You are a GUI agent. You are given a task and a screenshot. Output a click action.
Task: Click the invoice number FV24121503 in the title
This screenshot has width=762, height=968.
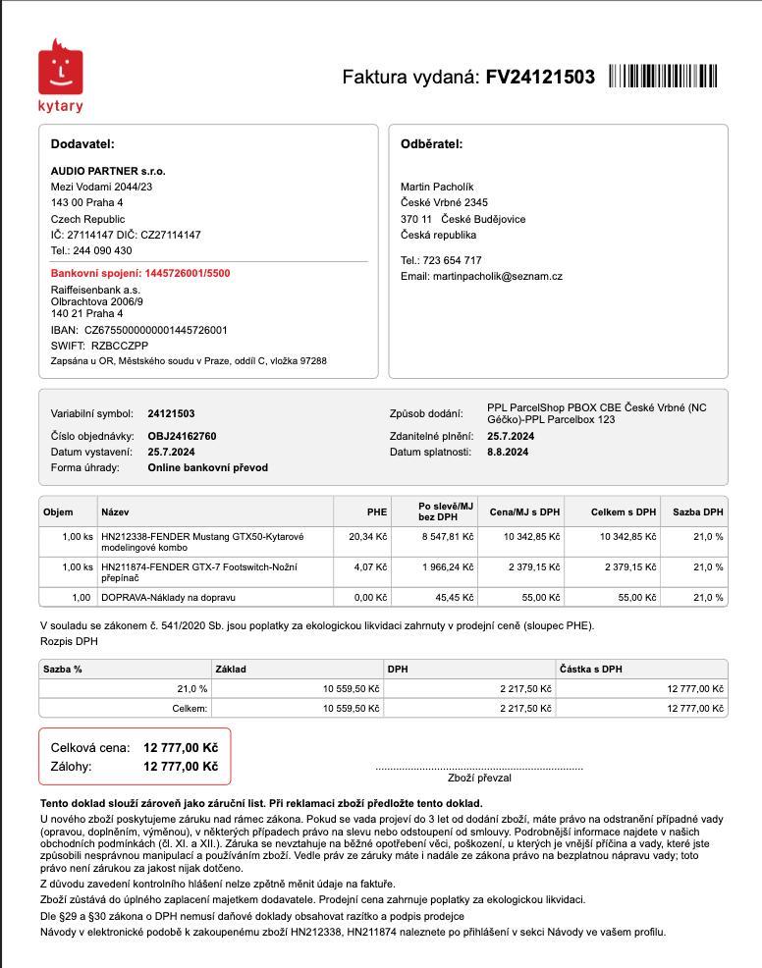point(540,78)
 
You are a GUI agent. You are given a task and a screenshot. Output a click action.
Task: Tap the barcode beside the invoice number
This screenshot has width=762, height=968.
point(663,77)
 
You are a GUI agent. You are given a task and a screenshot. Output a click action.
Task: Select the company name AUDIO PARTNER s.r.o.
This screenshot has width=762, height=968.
point(108,171)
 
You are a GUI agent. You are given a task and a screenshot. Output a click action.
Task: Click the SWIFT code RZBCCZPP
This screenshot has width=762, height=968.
point(120,346)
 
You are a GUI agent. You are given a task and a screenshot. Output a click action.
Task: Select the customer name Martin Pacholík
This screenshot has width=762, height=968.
point(437,187)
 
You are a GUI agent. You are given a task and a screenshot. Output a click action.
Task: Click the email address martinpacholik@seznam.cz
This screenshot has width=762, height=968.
point(497,276)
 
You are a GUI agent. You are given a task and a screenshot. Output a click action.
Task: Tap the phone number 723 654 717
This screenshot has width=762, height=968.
point(452,260)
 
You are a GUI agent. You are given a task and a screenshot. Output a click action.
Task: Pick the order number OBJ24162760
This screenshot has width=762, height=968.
point(182,436)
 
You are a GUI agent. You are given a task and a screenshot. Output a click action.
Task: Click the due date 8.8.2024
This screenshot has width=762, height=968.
point(508,452)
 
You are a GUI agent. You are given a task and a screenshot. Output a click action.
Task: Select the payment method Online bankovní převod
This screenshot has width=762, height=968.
point(207,467)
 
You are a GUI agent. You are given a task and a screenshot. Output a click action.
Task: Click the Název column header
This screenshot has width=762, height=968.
point(115,511)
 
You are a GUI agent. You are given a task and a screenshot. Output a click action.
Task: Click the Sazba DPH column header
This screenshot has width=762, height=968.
point(697,511)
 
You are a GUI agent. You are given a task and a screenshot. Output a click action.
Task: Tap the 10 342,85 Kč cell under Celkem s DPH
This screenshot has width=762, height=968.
point(627,537)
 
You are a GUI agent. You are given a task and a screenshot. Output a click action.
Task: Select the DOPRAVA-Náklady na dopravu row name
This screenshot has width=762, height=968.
point(168,597)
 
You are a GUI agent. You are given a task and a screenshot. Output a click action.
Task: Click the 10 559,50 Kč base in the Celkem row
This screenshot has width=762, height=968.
point(351,708)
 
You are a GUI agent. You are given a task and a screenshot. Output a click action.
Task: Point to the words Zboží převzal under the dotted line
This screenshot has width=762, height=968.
point(478,778)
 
